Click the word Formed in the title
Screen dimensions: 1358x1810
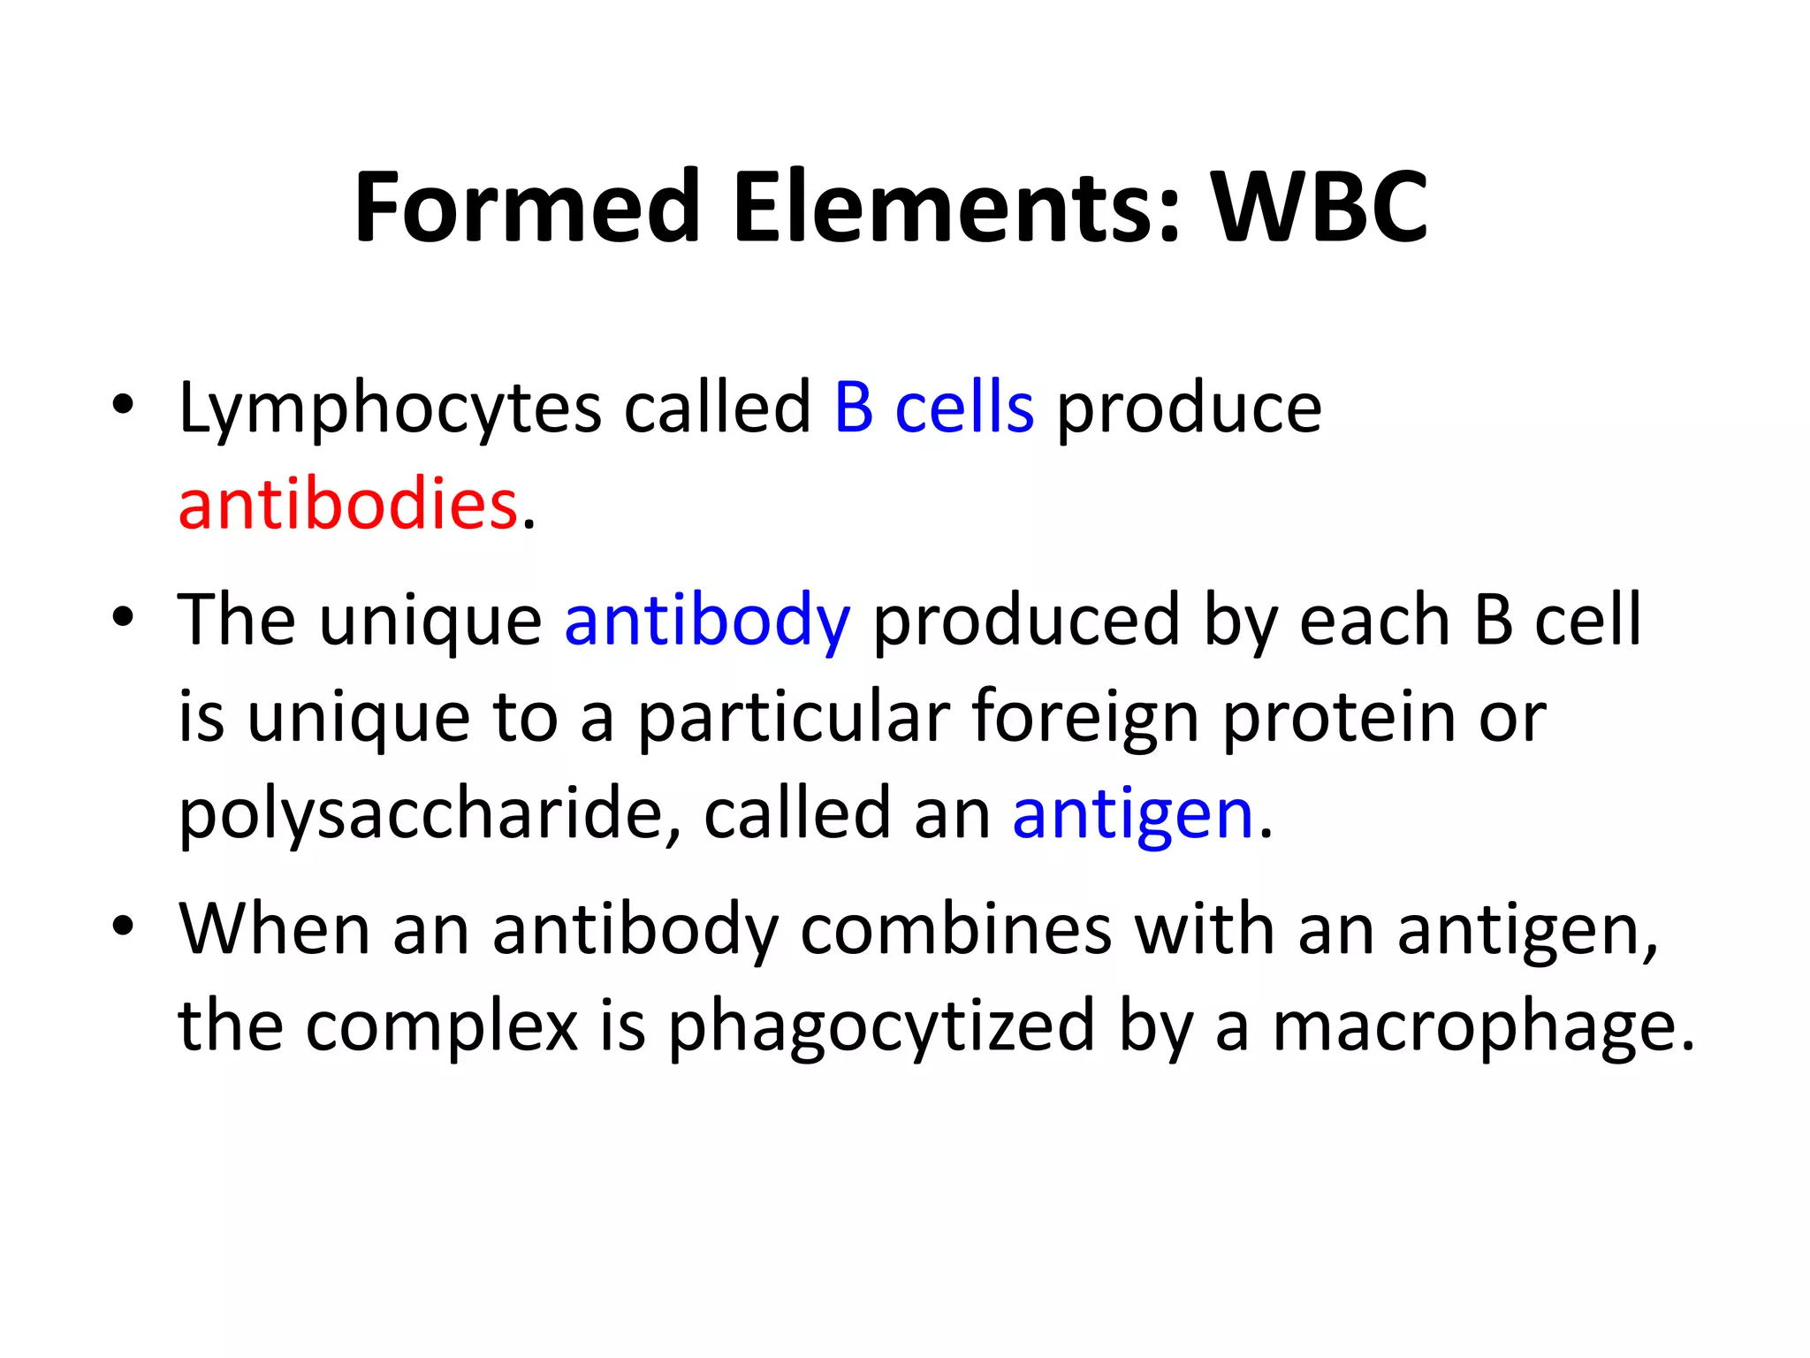(x=527, y=207)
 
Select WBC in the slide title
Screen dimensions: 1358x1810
(x=1319, y=207)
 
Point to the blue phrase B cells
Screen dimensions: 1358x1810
(x=933, y=408)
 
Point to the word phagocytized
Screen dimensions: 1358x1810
(x=881, y=1027)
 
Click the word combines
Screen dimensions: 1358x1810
(x=955, y=930)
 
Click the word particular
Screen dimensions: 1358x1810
(x=794, y=718)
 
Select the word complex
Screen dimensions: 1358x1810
(x=441, y=1027)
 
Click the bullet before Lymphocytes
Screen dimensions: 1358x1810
(x=123, y=405)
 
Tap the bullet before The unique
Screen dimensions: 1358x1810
(x=123, y=617)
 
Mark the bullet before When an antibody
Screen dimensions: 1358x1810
(x=123, y=927)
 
